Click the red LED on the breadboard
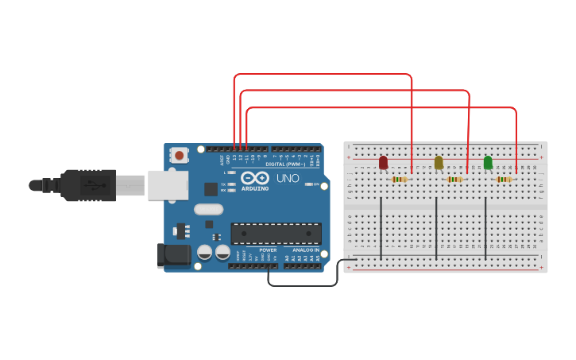pos(383,162)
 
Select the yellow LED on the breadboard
pos(439,162)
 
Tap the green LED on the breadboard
pos(488,162)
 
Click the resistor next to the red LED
pos(400,180)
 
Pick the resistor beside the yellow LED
pos(454,180)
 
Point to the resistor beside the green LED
pos(504,180)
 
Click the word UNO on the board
pos(288,179)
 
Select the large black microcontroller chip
pos(276,233)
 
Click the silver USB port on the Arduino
pos(168,185)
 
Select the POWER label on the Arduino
pos(268,250)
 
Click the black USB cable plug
pos(87,185)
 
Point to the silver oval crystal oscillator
pos(208,210)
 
